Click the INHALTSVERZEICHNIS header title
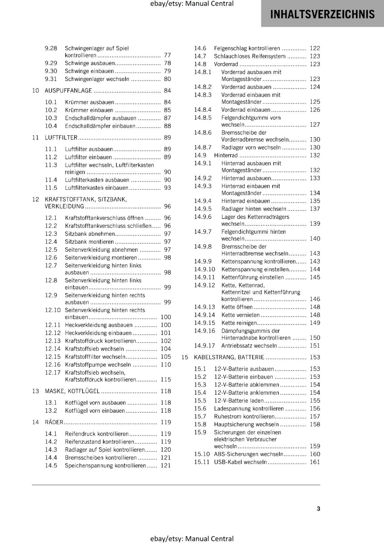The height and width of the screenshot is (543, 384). point(322,14)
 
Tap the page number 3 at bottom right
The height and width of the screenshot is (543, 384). point(318,508)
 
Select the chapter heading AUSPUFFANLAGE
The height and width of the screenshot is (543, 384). point(68,91)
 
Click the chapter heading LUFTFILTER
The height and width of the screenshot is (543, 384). point(61,137)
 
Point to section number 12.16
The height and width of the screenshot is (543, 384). point(53,364)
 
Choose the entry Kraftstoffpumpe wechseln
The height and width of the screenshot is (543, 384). point(98,364)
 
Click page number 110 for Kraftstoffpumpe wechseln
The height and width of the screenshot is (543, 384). point(166,364)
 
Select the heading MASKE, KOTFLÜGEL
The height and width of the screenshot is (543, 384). point(72,391)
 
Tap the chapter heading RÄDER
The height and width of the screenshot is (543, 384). point(54,422)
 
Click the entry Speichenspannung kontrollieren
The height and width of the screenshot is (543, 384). point(105,465)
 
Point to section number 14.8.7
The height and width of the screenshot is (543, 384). point(203,147)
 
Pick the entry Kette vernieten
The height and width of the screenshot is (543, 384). point(240,315)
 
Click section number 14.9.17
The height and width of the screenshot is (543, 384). point(205,345)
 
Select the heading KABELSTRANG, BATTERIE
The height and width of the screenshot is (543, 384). point(229,357)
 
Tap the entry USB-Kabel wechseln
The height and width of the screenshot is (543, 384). point(240,462)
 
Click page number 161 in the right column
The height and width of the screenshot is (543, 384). point(315,462)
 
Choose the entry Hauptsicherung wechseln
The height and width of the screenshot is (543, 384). point(246,424)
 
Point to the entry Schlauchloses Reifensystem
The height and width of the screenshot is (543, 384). point(249,56)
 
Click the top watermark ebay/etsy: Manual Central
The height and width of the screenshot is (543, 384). point(192,4)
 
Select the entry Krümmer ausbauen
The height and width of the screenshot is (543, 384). point(89,102)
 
